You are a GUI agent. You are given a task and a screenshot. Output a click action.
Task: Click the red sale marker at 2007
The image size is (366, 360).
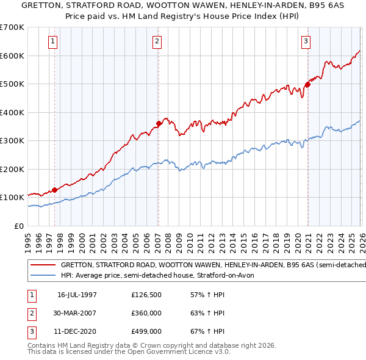pyautogui.click(x=159, y=123)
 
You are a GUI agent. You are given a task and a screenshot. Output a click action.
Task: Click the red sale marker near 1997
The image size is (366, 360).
pyautogui.click(x=54, y=190)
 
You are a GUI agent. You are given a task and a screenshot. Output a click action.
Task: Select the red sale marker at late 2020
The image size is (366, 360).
pyautogui.click(x=307, y=85)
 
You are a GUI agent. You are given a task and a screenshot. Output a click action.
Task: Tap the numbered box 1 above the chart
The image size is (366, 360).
pyautogui.click(x=53, y=41)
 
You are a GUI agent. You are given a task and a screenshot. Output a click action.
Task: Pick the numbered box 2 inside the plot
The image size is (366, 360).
pyautogui.click(x=157, y=41)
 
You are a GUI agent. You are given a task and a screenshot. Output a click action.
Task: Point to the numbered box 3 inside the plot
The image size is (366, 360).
pyautogui.click(x=306, y=41)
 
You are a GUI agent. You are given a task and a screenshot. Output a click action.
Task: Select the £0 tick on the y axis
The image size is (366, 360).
pyautogui.click(x=19, y=226)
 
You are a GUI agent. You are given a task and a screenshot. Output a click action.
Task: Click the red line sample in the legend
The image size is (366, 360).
pyautogui.click(x=43, y=265)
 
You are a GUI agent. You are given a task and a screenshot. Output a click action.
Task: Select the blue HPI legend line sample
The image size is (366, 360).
pyautogui.click(x=43, y=276)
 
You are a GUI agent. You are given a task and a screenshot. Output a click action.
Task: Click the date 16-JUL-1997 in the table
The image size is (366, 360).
pyautogui.click(x=77, y=295)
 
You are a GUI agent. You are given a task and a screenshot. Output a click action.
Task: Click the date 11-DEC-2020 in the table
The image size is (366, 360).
pyautogui.click(x=77, y=331)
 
